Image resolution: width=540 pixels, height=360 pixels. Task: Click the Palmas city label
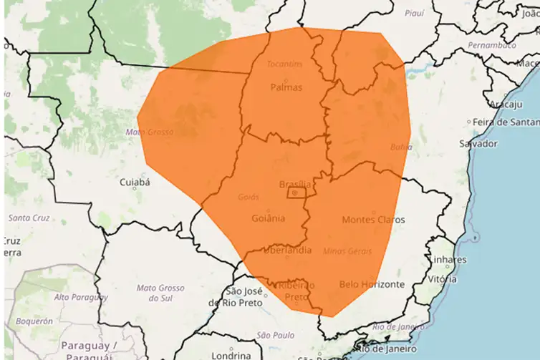286,87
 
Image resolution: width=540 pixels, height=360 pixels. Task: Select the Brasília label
294,184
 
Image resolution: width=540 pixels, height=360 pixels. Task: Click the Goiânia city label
269,218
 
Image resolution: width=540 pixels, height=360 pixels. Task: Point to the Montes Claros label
372,220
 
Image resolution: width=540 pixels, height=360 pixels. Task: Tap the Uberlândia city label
287,250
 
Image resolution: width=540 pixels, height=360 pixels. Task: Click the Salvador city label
479,144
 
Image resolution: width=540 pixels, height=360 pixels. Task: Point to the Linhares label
448,259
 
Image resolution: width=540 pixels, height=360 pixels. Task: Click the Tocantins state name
284,64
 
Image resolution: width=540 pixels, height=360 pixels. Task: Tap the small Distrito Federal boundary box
296,192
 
